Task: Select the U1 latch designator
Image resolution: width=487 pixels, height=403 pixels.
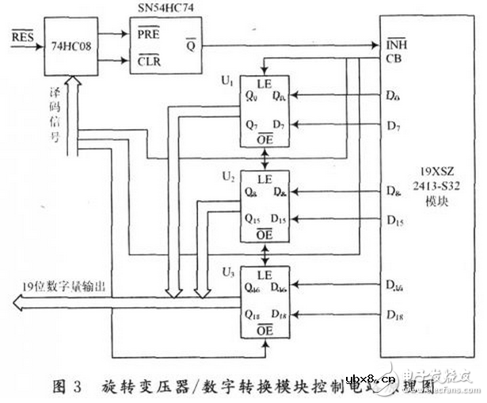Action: click(228, 81)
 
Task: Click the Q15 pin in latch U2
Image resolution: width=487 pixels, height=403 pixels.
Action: click(253, 218)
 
